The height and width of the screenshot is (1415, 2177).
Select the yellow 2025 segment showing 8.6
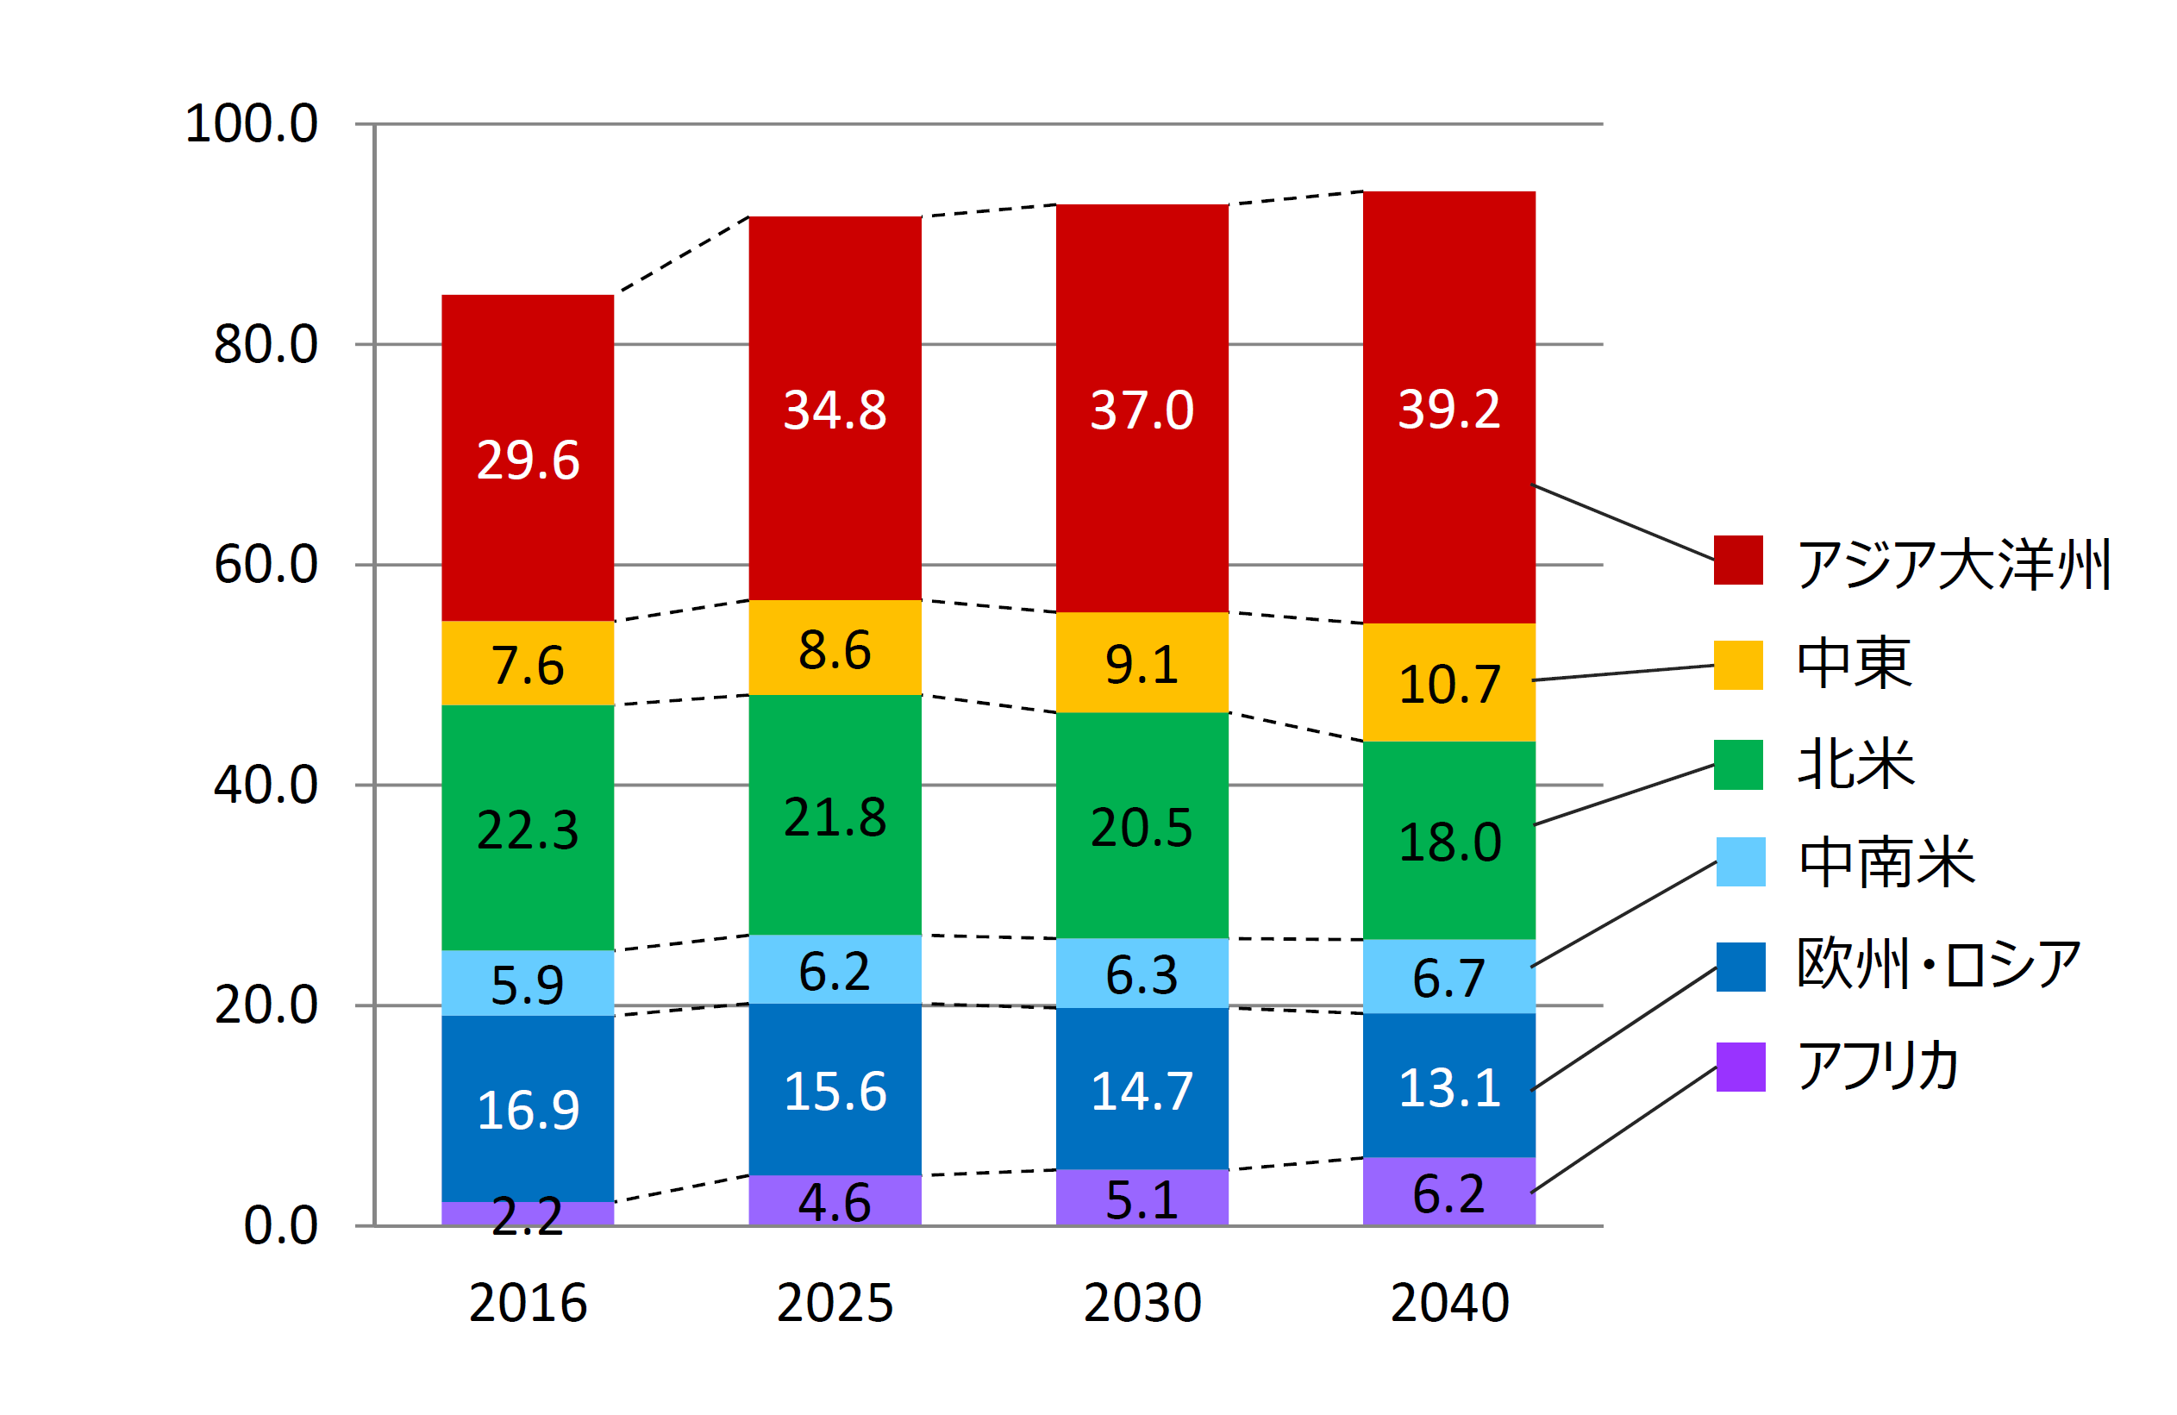click(835, 648)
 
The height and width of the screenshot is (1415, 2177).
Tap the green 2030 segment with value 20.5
click(1142, 825)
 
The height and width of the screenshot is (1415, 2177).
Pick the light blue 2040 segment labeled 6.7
click(1449, 976)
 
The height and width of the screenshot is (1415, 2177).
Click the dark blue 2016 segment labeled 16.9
click(528, 1108)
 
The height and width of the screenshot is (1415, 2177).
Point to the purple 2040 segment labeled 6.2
click(1449, 1191)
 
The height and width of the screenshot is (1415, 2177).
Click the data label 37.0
click(1142, 410)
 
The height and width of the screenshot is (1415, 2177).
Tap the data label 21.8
click(835, 817)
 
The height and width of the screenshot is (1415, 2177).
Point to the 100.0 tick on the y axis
click(252, 123)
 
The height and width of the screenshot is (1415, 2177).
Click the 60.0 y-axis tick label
click(266, 564)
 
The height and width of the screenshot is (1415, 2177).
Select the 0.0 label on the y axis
click(280, 1225)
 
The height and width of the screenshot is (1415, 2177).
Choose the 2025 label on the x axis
click(835, 1303)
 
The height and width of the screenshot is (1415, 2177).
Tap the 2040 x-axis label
click(1449, 1303)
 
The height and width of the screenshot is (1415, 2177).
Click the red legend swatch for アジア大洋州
click(1738, 560)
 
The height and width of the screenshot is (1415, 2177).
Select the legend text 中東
click(1853, 663)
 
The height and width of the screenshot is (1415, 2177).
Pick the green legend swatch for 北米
click(1738, 765)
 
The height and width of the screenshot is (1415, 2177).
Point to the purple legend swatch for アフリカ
click(1740, 1067)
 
